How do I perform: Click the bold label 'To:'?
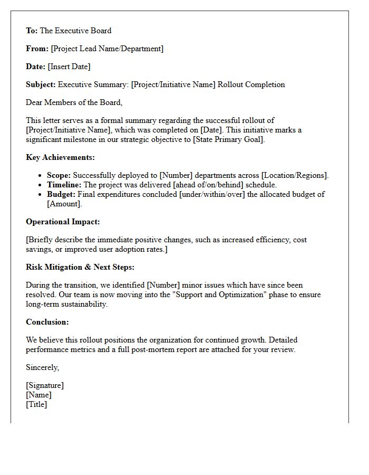32,31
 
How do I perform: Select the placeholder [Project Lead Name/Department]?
107,49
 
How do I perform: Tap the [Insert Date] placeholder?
69,66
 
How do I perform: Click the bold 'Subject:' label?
41,84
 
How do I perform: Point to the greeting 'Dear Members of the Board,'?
74,102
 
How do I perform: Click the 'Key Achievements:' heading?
60,157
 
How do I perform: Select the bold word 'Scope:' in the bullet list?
59,175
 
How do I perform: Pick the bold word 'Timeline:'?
64,185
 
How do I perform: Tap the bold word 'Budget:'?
61,194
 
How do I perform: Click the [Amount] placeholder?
64,204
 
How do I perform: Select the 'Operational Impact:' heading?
63,222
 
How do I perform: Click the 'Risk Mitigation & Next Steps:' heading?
80,267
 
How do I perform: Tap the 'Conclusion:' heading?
47,322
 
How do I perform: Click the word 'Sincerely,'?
43,367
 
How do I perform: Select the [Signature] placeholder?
45,385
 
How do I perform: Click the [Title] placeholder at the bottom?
36,404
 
